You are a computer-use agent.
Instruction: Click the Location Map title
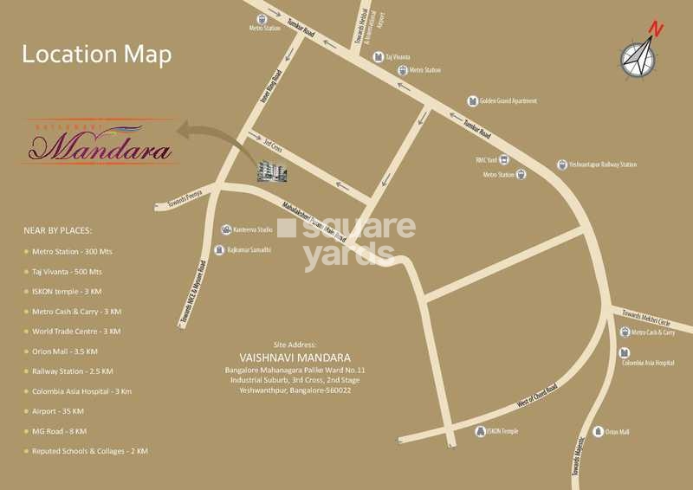97,55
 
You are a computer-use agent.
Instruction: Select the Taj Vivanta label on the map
398,57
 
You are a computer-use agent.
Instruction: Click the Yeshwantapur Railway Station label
603,164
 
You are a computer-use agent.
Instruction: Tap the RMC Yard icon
506,159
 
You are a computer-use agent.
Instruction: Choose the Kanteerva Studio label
253,229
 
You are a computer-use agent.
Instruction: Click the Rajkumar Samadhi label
249,249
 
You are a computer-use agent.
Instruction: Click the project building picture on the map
275,171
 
